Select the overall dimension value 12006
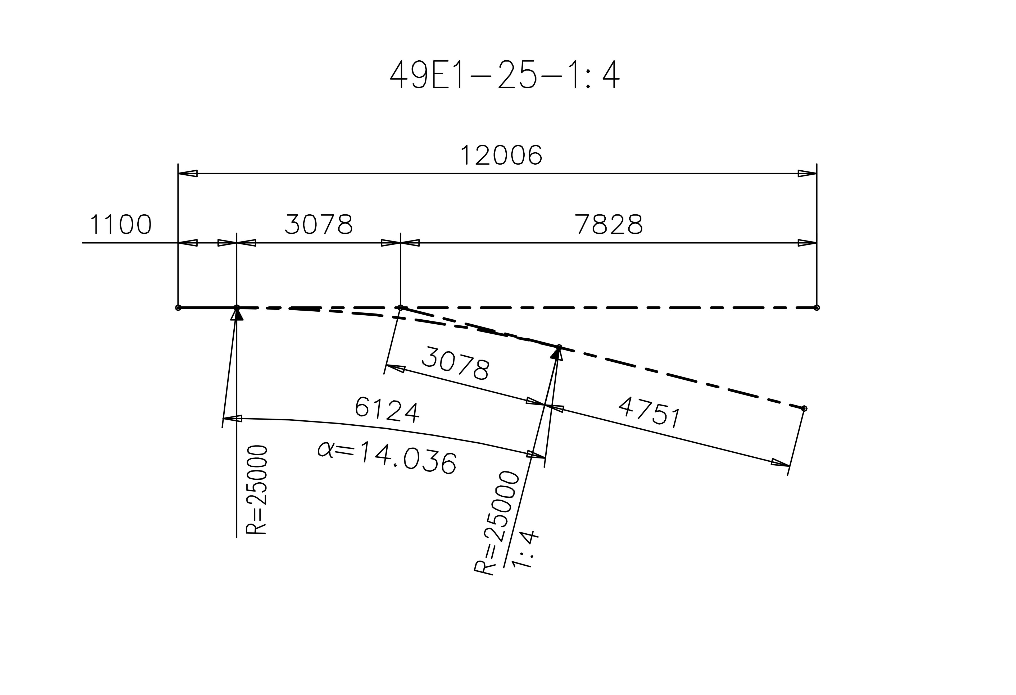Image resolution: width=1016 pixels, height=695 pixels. pyautogui.click(x=501, y=156)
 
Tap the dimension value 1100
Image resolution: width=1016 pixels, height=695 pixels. pyautogui.click(x=121, y=225)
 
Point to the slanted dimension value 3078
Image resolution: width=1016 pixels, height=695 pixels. pyautogui.click(x=456, y=363)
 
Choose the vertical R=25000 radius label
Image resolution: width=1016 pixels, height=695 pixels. pyautogui.click(x=257, y=490)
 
